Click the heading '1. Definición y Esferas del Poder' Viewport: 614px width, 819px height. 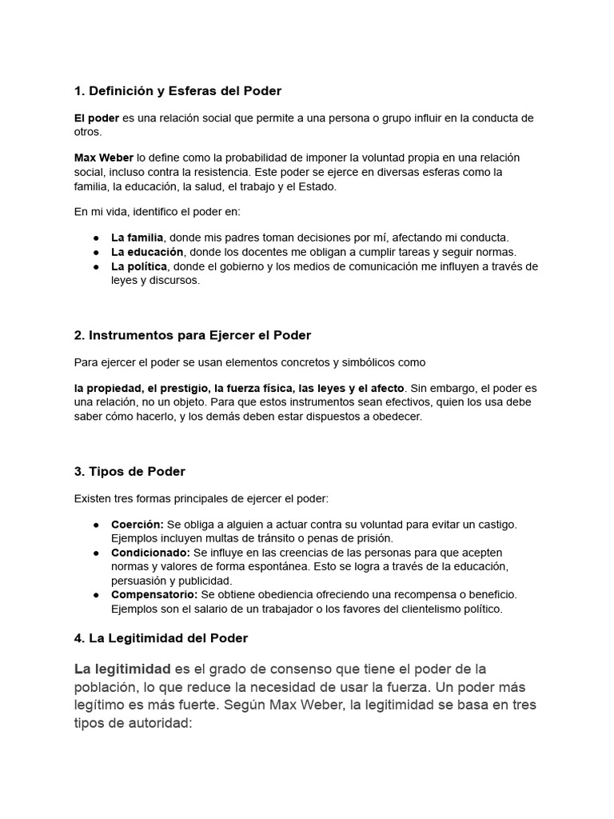tap(177, 91)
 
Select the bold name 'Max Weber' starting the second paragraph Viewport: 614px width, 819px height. tap(104, 158)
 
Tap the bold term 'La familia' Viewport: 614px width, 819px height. tap(138, 238)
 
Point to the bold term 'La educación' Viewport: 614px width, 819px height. tap(146, 252)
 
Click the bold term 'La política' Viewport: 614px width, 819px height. tap(139, 266)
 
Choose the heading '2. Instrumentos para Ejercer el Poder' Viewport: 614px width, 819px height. tap(193, 335)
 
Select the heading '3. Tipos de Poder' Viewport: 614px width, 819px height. tap(130, 471)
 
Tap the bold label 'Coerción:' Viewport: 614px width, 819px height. tap(138, 524)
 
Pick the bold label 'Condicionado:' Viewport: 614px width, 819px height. tap(151, 553)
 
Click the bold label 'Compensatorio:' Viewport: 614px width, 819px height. tap(154, 595)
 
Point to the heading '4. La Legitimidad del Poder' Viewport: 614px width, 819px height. tap(161, 638)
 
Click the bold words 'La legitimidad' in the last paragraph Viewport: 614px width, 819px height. tap(122, 669)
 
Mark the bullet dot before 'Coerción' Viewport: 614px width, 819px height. tap(96, 525)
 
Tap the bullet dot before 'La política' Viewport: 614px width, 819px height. tap(96, 267)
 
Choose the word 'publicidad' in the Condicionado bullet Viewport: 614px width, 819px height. tap(205, 581)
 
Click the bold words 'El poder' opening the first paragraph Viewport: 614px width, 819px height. tap(97, 118)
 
